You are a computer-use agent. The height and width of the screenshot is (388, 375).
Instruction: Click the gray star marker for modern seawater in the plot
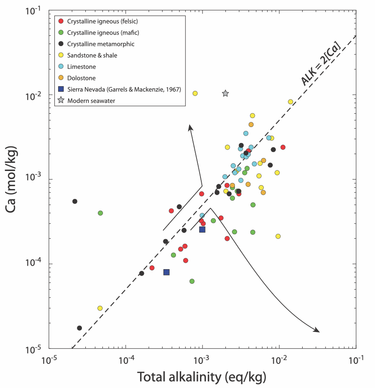click(225, 93)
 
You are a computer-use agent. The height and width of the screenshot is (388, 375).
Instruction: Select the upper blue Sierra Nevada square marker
click(202, 230)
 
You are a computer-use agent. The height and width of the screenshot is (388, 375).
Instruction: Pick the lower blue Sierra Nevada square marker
click(166, 272)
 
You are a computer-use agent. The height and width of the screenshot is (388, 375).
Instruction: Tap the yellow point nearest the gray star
click(195, 93)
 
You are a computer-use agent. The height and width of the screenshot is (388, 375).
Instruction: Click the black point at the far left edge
click(75, 201)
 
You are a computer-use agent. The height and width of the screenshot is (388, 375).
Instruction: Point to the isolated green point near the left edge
click(100, 213)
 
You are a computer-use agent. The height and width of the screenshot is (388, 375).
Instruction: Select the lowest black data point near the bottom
click(79, 328)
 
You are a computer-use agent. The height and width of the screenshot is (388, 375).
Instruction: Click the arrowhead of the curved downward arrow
click(317, 330)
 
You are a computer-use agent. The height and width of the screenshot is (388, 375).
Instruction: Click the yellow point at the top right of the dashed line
click(291, 102)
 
